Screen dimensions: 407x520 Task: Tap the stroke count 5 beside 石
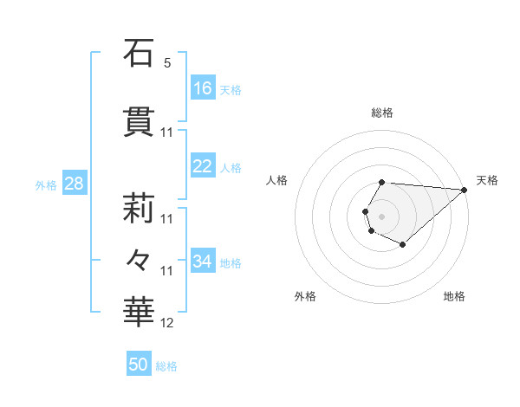pos(167,64)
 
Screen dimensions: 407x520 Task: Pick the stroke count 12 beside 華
pos(167,323)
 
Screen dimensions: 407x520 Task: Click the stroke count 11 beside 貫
pos(167,132)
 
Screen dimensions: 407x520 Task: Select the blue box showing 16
pos(203,88)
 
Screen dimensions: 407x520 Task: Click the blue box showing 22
pos(203,166)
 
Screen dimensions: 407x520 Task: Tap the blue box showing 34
pos(203,262)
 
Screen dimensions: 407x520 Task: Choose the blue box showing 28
pos(74,184)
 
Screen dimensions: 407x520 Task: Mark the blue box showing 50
pos(139,365)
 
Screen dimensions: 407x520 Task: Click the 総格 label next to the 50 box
pos(166,366)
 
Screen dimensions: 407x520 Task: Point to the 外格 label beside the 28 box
pos(46,184)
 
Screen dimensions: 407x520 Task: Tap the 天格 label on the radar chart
pos(487,180)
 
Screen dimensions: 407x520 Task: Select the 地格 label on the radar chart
pos(454,297)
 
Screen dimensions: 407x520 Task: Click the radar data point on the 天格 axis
pos(465,189)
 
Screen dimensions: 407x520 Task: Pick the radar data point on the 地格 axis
pos(403,245)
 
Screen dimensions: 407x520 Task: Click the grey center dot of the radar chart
pos(381,215)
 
